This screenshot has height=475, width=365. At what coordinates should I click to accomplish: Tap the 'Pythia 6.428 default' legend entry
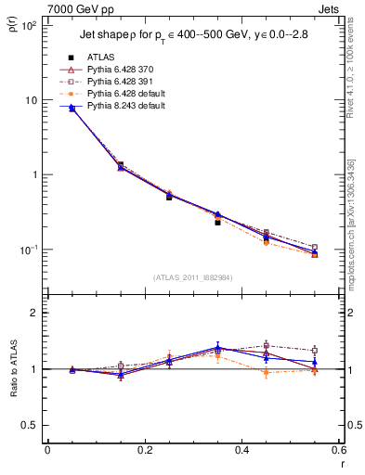tap(129, 95)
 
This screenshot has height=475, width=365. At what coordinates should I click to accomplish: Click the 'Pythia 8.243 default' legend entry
tap(129, 108)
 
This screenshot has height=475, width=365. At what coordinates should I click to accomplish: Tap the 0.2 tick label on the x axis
tap(144, 450)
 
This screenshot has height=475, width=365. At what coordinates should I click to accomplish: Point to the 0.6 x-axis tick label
tap(339, 450)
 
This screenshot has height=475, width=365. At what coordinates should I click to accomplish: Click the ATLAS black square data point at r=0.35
tap(217, 223)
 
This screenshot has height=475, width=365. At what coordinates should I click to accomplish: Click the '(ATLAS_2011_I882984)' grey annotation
tap(192, 276)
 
